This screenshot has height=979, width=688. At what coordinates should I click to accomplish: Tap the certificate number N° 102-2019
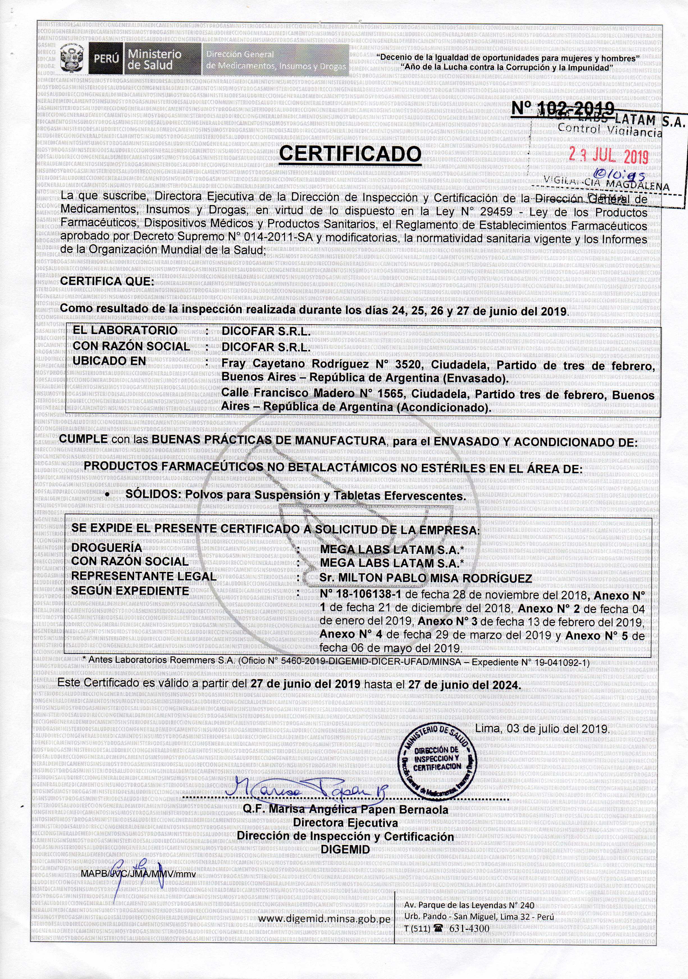click(x=563, y=108)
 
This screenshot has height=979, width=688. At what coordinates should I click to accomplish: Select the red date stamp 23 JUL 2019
click(x=609, y=157)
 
